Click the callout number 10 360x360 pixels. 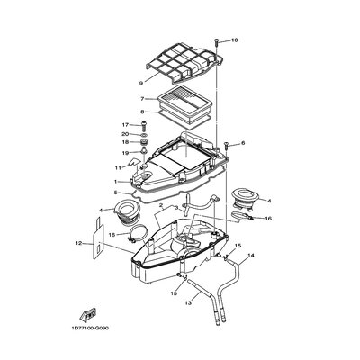234,40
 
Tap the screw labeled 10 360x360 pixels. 216,42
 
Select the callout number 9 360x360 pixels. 141,83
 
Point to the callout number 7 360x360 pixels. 142,99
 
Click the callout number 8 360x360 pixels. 142,112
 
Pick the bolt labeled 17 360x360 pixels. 143,127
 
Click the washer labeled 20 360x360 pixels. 143,134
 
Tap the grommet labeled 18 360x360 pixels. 143,142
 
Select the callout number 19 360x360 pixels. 125,153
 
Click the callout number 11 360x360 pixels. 118,168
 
